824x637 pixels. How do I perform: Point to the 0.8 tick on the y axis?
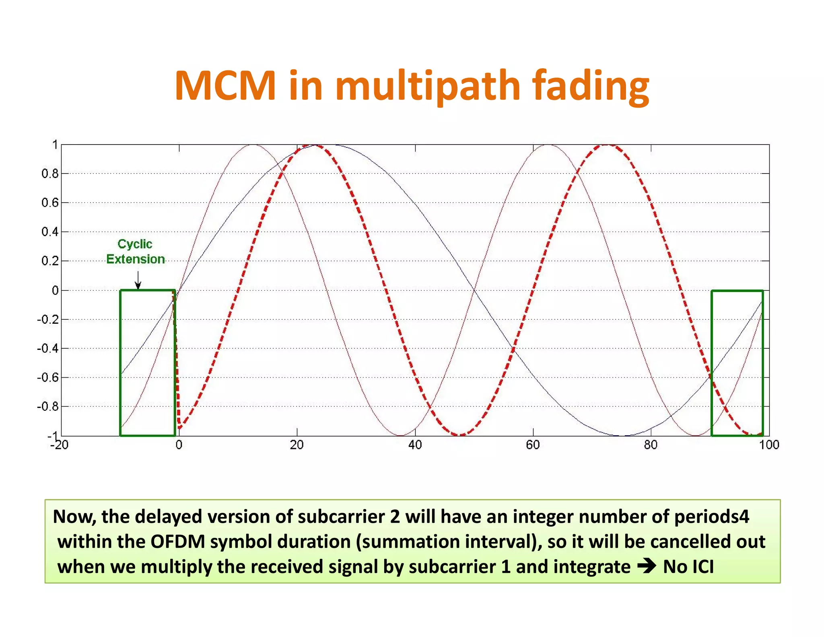click(x=49, y=174)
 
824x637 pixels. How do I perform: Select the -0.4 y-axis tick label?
click(x=47, y=348)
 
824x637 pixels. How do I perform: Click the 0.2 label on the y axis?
click(x=49, y=261)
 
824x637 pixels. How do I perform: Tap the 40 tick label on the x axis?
click(x=415, y=445)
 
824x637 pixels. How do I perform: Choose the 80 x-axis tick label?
click(x=651, y=445)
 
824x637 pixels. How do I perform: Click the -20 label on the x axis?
click(x=59, y=445)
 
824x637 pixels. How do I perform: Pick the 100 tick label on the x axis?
click(x=769, y=445)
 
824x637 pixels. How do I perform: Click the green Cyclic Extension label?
click(x=135, y=252)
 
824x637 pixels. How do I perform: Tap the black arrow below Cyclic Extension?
click(x=138, y=280)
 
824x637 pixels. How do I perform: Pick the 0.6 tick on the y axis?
click(x=49, y=203)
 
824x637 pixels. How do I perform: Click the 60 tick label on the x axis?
click(x=533, y=445)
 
